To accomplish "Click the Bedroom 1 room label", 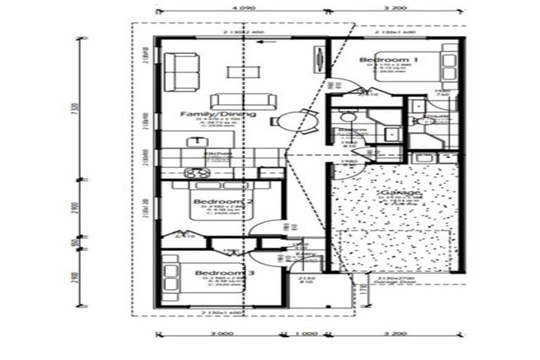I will click(388, 60).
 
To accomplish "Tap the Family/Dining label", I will click(207, 114).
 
